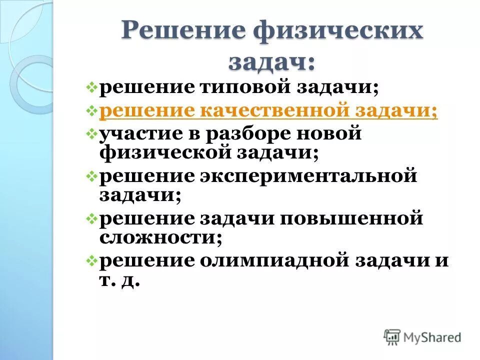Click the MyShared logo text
pos(432,337)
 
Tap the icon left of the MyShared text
pos(392,337)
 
